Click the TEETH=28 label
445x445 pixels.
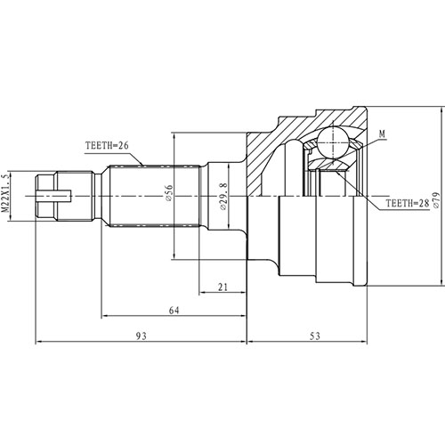tap(406, 204)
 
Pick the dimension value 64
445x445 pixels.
tap(174, 311)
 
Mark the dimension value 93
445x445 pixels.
tap(141, 337)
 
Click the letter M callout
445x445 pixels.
tap(381, 134)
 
